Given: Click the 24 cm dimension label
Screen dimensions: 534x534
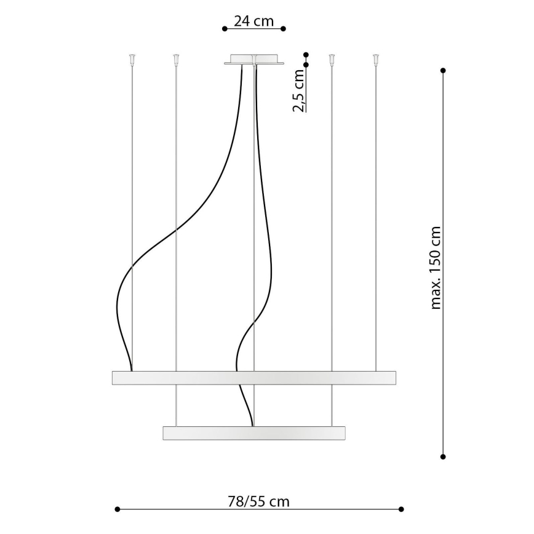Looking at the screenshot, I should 253,20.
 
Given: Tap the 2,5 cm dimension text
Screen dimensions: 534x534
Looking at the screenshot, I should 298,90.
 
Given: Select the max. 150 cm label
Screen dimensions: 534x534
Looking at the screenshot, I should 436,267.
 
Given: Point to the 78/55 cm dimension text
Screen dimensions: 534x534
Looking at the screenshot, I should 258,501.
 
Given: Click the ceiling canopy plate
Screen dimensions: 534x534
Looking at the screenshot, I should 254,60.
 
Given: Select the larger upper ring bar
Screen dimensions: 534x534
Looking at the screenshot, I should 253,378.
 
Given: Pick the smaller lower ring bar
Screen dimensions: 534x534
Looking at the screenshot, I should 253,432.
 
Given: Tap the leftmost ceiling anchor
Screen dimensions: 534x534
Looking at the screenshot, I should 132,59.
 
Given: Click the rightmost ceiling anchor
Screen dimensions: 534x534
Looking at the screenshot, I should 375,59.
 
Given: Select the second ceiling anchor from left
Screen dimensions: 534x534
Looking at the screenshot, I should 176,59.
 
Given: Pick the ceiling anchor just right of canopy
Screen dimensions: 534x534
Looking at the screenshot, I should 332,59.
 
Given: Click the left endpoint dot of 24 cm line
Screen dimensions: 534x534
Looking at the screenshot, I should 224,28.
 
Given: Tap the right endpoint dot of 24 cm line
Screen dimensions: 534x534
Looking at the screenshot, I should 283,28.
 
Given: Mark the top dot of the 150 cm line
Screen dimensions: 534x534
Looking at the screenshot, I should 443,71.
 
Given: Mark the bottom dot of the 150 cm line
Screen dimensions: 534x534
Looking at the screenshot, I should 443,456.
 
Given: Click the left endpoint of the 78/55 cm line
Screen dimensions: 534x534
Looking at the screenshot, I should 117,509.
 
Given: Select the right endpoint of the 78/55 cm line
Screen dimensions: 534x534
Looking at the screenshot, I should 401,509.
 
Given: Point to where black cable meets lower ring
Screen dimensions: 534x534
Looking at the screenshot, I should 252,425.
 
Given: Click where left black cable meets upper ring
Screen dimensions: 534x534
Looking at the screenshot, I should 131,370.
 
